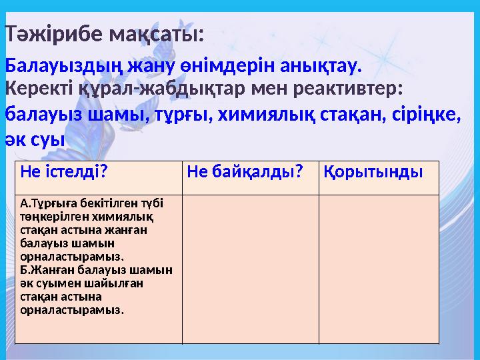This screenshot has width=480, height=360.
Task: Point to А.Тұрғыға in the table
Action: (x=49, y=202)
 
